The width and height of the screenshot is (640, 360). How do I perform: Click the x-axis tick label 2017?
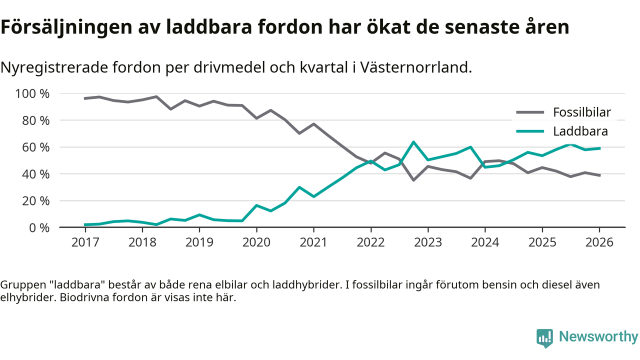(85, 242)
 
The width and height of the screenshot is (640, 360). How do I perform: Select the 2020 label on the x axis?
(256, 242)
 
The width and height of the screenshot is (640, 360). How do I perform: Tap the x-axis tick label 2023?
(427, 242)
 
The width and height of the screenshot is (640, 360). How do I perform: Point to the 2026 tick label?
(598, 242)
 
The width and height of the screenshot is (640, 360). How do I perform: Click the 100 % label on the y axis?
(32, 94)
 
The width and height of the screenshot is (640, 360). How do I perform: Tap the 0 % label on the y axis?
(39, 227)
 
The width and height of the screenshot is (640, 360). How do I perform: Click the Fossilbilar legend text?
(581, 112)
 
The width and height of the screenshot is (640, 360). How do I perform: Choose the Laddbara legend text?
(580, 131)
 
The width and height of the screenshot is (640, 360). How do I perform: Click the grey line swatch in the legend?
(529, 112)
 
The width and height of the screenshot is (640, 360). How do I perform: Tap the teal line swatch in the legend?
(529, 131)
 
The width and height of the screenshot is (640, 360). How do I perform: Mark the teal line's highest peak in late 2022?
(413, 142)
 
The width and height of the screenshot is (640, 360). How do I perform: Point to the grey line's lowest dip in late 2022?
(413, 180)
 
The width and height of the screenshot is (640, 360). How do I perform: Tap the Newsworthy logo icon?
(544, 337)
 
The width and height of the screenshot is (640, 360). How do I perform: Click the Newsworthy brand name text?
(598, 337)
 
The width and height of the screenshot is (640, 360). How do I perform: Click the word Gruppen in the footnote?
(20, 285)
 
